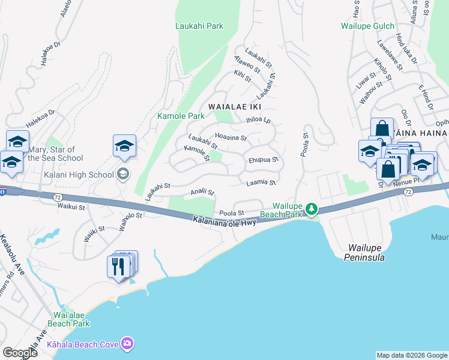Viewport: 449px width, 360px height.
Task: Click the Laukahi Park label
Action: coord(199,26)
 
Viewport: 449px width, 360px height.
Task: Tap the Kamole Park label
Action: coord(181,115)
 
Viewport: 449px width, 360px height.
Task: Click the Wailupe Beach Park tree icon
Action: coord(311,209)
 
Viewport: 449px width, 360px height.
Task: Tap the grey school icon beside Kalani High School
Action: coord(123,175)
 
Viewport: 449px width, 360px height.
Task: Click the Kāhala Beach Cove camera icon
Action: coord(127,343)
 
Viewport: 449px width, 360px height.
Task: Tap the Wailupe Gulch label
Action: coord(367,26)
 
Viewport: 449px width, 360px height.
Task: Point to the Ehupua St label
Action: coord(264,160)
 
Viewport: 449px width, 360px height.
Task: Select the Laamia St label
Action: coord(261,182)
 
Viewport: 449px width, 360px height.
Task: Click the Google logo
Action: coord(20,352)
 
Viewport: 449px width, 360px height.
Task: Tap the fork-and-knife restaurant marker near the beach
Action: coord(118,266)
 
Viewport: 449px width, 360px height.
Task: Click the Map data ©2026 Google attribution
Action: coord(412,355)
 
